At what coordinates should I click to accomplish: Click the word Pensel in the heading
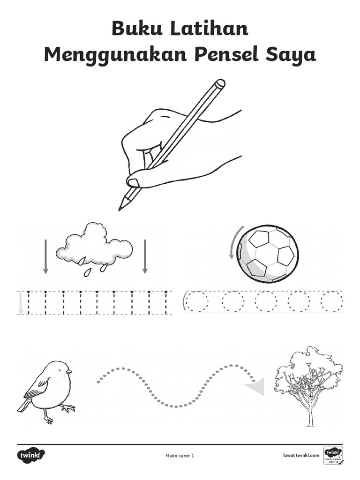click(220, 55)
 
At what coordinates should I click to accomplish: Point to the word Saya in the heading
click(292, 55)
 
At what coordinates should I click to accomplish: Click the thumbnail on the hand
click(133, 182)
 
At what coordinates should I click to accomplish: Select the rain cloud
click(94, 244)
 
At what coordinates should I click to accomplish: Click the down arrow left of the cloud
click(45, 256)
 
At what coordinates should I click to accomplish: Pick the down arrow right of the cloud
click(145, 256)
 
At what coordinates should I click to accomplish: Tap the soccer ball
click(267, 254)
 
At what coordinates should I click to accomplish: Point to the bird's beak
click(69, 372)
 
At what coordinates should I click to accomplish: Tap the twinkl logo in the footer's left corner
click(31, 455)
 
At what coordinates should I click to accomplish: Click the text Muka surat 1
click(180, 456)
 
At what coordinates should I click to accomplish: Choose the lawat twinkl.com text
click(301, 455)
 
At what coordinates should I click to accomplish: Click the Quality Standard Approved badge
click(333, 456)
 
